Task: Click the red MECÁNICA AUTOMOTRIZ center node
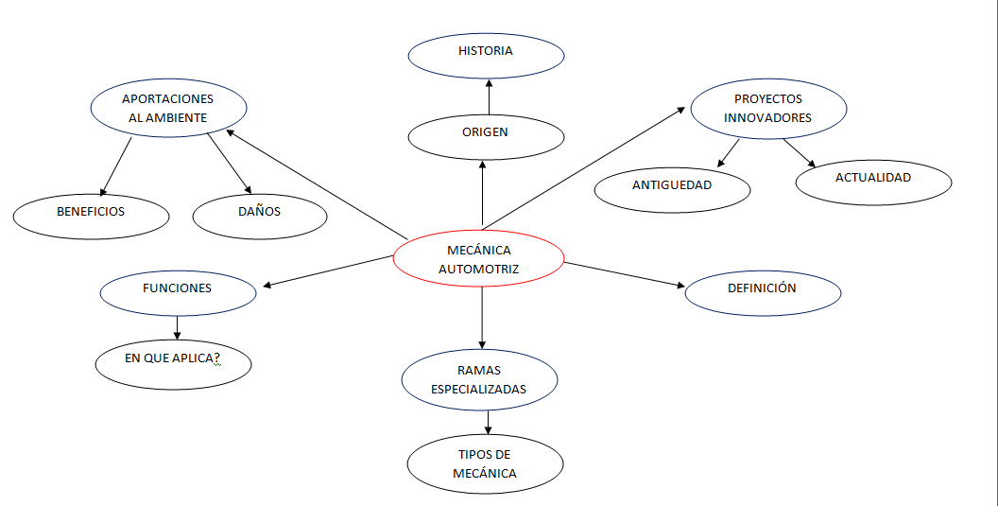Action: point(478,259)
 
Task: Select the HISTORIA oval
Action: point(486,54)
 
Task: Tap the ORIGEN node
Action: point(486,135)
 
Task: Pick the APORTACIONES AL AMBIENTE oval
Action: point(168,109)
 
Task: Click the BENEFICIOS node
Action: point(91,215)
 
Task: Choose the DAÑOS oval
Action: point(259,215)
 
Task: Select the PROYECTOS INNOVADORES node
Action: point(767,109)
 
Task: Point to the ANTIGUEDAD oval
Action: point(672,188)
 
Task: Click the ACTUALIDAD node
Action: point(873,181)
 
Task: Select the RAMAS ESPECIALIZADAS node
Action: point(479,379)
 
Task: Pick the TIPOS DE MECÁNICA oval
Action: point(485,464)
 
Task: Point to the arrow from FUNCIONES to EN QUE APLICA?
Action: point(178,327)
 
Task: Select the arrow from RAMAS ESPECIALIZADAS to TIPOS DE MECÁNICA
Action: point(488,422)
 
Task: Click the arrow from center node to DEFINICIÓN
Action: point(624,273)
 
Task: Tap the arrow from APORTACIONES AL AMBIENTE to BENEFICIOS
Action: point(116,166)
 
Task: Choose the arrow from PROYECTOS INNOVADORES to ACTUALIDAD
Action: point(799,153)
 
